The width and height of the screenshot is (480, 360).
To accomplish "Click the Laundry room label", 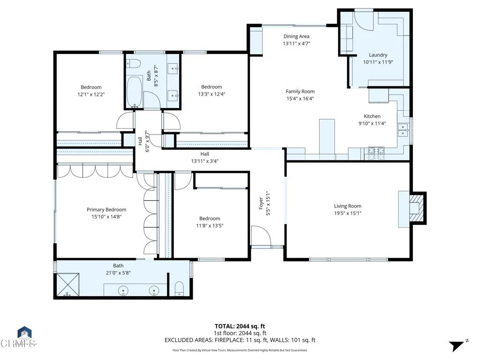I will tap(378, 55).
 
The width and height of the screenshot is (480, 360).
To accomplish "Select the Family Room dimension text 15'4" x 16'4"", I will tap(300, 98).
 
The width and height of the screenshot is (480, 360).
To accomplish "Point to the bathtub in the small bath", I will tap(135, 92).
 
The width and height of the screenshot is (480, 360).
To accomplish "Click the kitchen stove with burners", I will tap(376, 150).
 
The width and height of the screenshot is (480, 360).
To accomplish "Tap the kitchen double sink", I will tap(403, 130).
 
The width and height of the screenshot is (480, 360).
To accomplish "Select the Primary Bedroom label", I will tap(106, 210).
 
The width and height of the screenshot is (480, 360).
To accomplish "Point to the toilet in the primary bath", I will tap(179, 289).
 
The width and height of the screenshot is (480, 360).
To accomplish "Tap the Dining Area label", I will tap(296, 36).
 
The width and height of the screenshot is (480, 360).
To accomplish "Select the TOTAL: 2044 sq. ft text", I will tap(240, 326).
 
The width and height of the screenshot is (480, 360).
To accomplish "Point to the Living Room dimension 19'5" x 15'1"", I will tap(347, 213).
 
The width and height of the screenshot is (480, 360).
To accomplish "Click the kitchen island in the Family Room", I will tap(327, 136).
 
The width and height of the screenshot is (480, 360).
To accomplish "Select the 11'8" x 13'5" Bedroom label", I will tap(210, 218).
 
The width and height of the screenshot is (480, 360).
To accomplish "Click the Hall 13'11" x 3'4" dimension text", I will tap(205, 161).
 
